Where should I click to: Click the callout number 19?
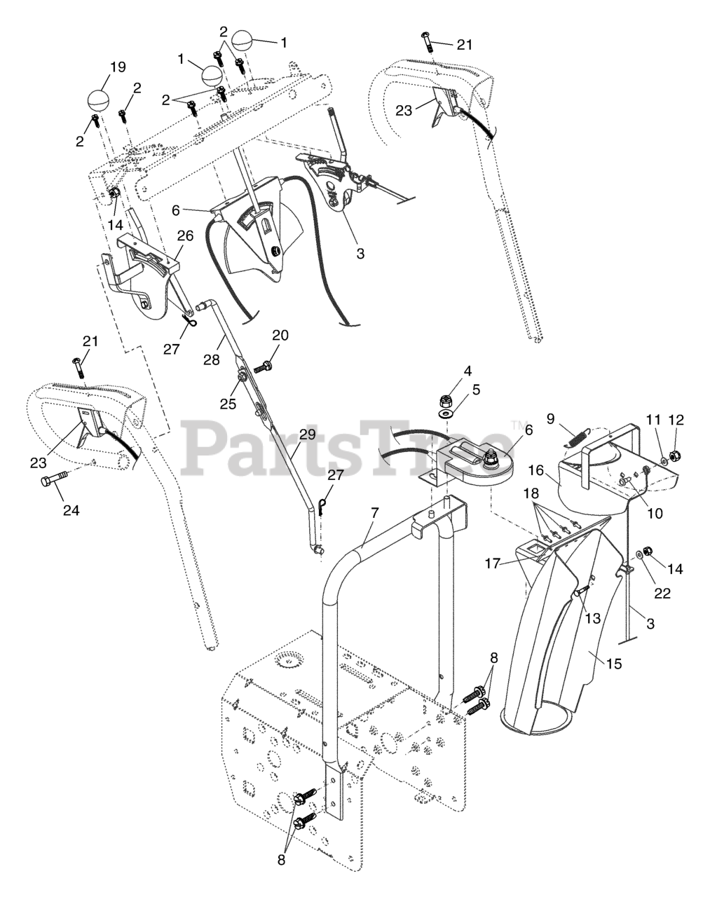(117, 67)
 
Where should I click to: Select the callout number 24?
(70, 509)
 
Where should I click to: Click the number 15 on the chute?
(613, 662)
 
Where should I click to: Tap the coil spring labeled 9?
(574, 438)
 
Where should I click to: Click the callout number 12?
(676, 420)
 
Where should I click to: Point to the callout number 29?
(306, 434)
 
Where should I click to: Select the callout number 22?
(662, 593)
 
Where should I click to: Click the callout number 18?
(537, 495)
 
